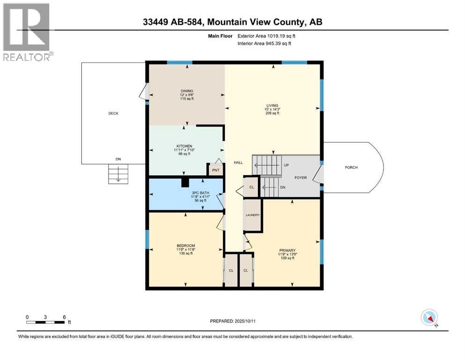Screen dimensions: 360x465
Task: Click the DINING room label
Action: [x=187, y=91]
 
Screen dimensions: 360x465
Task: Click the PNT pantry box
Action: [x=215, y=170]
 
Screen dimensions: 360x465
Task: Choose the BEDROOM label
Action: [x=186, y=246]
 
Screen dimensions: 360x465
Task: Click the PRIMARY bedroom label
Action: [x=287, y=250]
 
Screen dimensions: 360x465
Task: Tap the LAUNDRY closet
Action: [x=253, y=215]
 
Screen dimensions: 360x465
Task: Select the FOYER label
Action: [x=301, y=178]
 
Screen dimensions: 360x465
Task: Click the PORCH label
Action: [x=352, y=167]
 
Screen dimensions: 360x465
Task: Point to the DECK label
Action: [x=113, y=113]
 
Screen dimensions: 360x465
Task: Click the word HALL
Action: [x=238, y=162]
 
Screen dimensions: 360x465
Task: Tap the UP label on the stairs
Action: [x=286, y=165]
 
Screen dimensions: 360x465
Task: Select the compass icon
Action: [x=429, y=317]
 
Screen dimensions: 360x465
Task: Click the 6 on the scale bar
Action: [x=64, y=316]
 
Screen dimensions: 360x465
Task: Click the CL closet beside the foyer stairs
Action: [x=251, y=187]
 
